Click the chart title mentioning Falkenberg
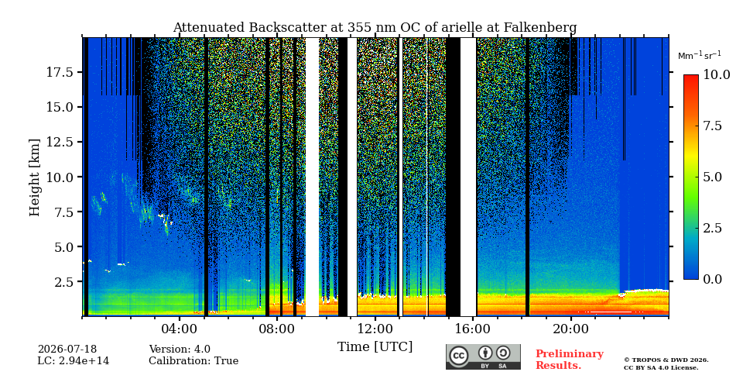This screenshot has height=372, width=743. (375, 28)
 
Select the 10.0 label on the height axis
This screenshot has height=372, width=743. (60, 177)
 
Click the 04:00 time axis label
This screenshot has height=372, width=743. (179, 329)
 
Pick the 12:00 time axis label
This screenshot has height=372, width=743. (375, 329)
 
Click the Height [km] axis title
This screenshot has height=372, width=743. (35, 177)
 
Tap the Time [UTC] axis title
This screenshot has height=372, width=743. (375, 347)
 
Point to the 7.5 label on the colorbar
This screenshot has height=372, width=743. (712, 126)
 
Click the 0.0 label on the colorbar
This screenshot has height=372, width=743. (712, 280)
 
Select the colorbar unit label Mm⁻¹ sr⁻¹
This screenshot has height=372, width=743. (700, 56)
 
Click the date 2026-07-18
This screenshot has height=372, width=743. (67, 350)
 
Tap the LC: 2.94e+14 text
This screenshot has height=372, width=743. (74, 361)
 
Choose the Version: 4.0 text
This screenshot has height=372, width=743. (180, 350)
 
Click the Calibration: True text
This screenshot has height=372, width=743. (193, 361)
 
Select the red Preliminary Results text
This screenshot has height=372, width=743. (570, 360)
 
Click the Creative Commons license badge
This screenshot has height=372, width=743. (483, 356)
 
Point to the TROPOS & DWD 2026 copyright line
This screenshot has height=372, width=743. (666, 360)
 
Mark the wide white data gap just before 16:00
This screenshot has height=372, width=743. (468, 177)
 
